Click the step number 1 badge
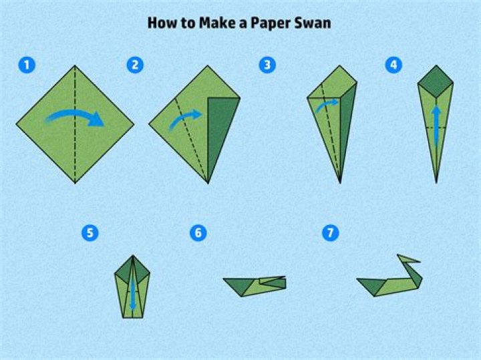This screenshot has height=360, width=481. (x=27, y=65)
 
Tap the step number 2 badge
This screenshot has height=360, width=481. (x=135, y=65)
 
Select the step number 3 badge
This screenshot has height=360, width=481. (x=268, y=65)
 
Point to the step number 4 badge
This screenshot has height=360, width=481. (x=393, y=65)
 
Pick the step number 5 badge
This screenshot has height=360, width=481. (x=90, y=233)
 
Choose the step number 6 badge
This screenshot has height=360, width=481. (x=198, y=233)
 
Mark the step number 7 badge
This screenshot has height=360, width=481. (x=330, y=233)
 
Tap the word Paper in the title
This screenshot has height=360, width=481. (x=271, y=23)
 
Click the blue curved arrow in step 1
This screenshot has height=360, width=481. (x=75, y=118)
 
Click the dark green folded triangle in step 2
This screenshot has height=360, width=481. (x=220, y=134)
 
